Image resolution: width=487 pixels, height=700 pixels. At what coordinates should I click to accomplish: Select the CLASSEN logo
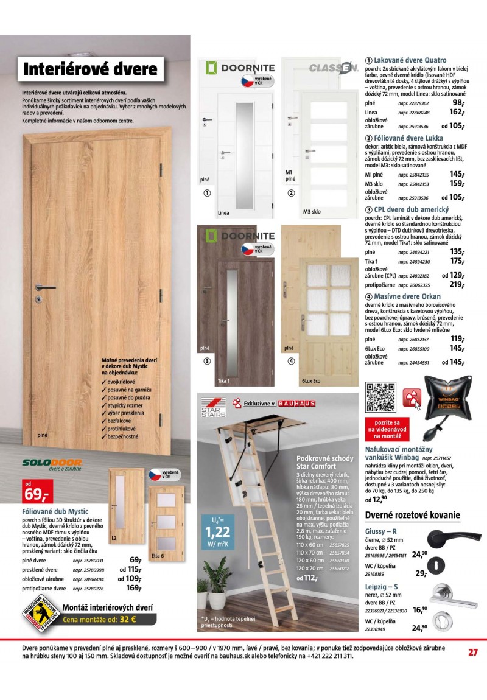333,68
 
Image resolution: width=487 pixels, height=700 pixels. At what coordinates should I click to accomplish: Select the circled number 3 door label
207,361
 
